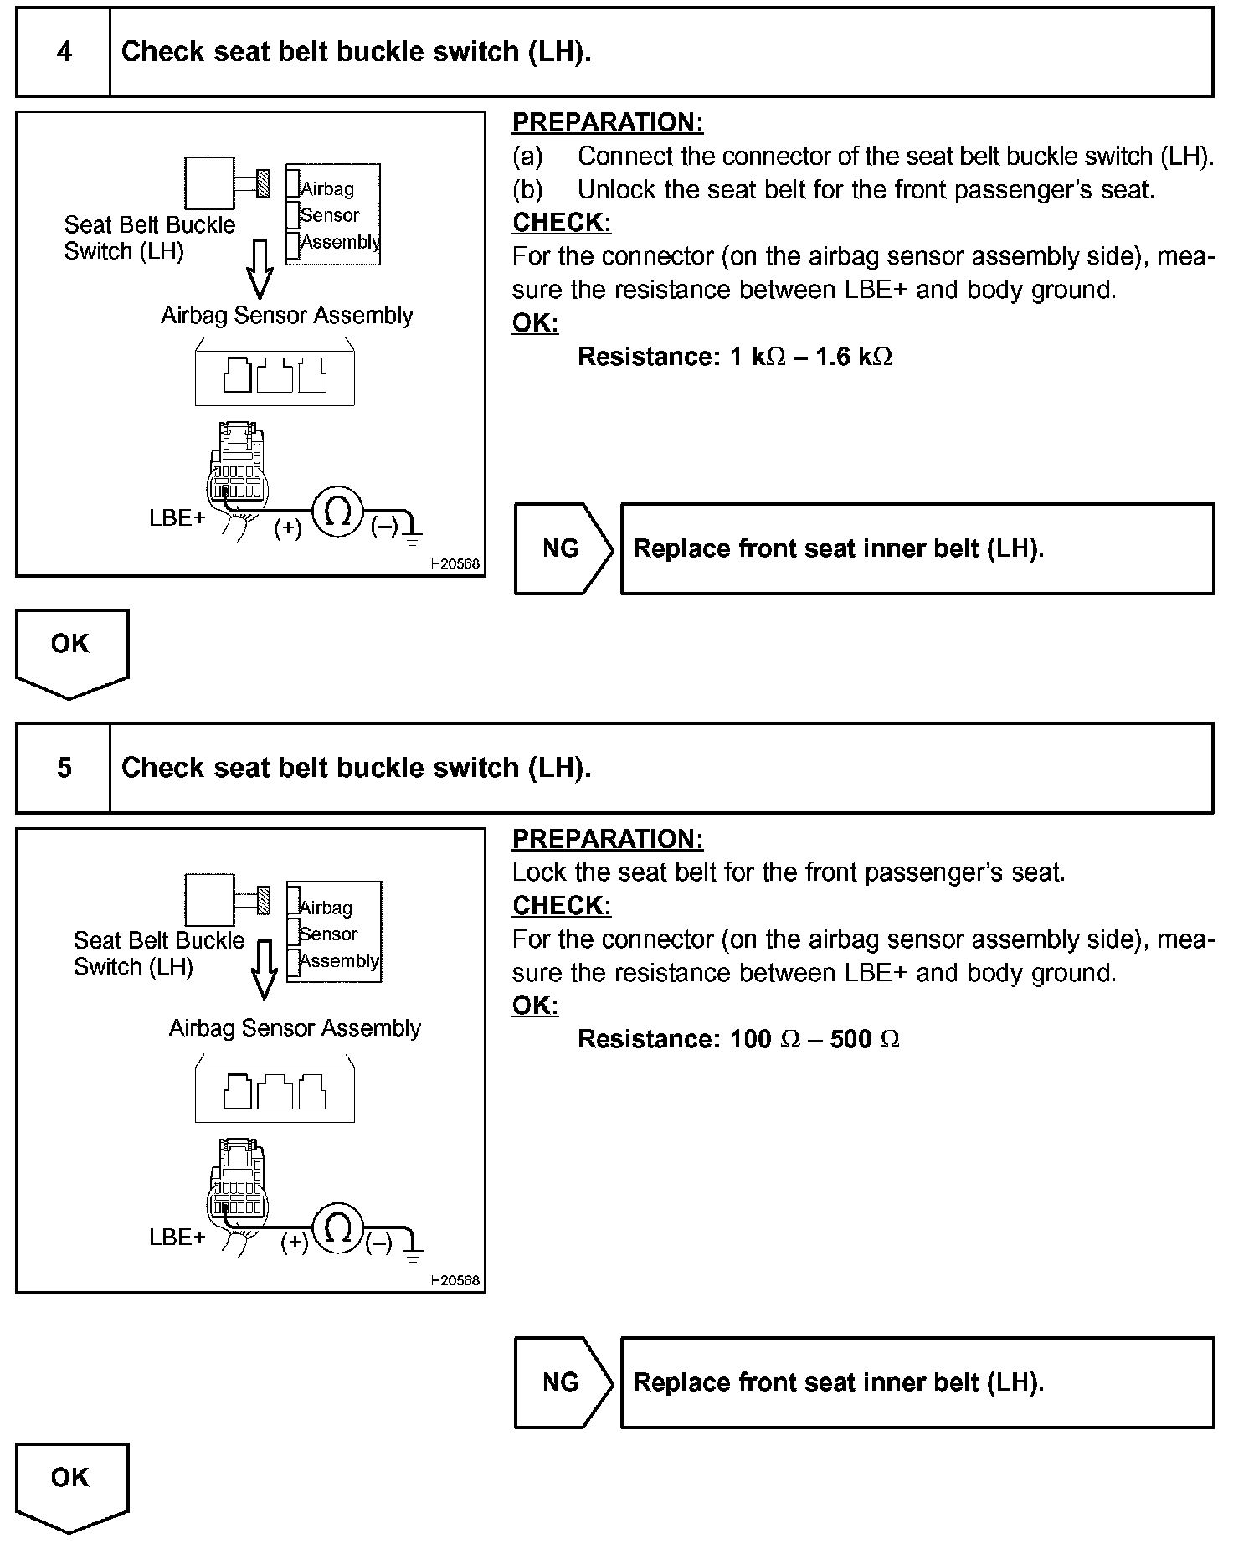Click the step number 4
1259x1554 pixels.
[x=64, y=52]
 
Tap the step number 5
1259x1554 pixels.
[x=64, y=768]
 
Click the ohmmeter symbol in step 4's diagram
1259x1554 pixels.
[x=337, y=512]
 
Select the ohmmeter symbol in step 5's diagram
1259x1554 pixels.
[x=337, y=1229]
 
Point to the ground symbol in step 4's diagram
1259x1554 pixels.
[x=412, y=533]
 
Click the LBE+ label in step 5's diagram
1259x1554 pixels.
[x=177, y=1237]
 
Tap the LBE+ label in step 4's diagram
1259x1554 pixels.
[x=177, y=518]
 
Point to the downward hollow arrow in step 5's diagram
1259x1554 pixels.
[x=265, y=970]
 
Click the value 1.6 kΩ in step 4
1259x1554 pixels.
[x=853, y=357]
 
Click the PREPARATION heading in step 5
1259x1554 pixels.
[x=608, y=839]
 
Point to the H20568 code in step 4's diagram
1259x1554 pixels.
[x=455, y=563]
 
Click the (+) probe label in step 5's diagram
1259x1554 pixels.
[x=294, y=1243]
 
